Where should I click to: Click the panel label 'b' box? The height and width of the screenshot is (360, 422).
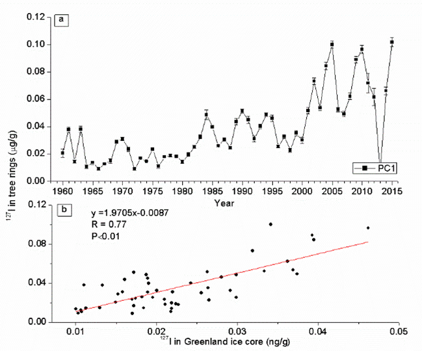[x=62, y=211]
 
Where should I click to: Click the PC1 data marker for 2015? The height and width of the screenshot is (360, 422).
[x=391, y=42]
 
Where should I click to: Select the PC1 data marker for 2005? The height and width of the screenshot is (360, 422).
[x=332, y=44]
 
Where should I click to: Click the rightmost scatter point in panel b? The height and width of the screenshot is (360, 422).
[x=368, y=228]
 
